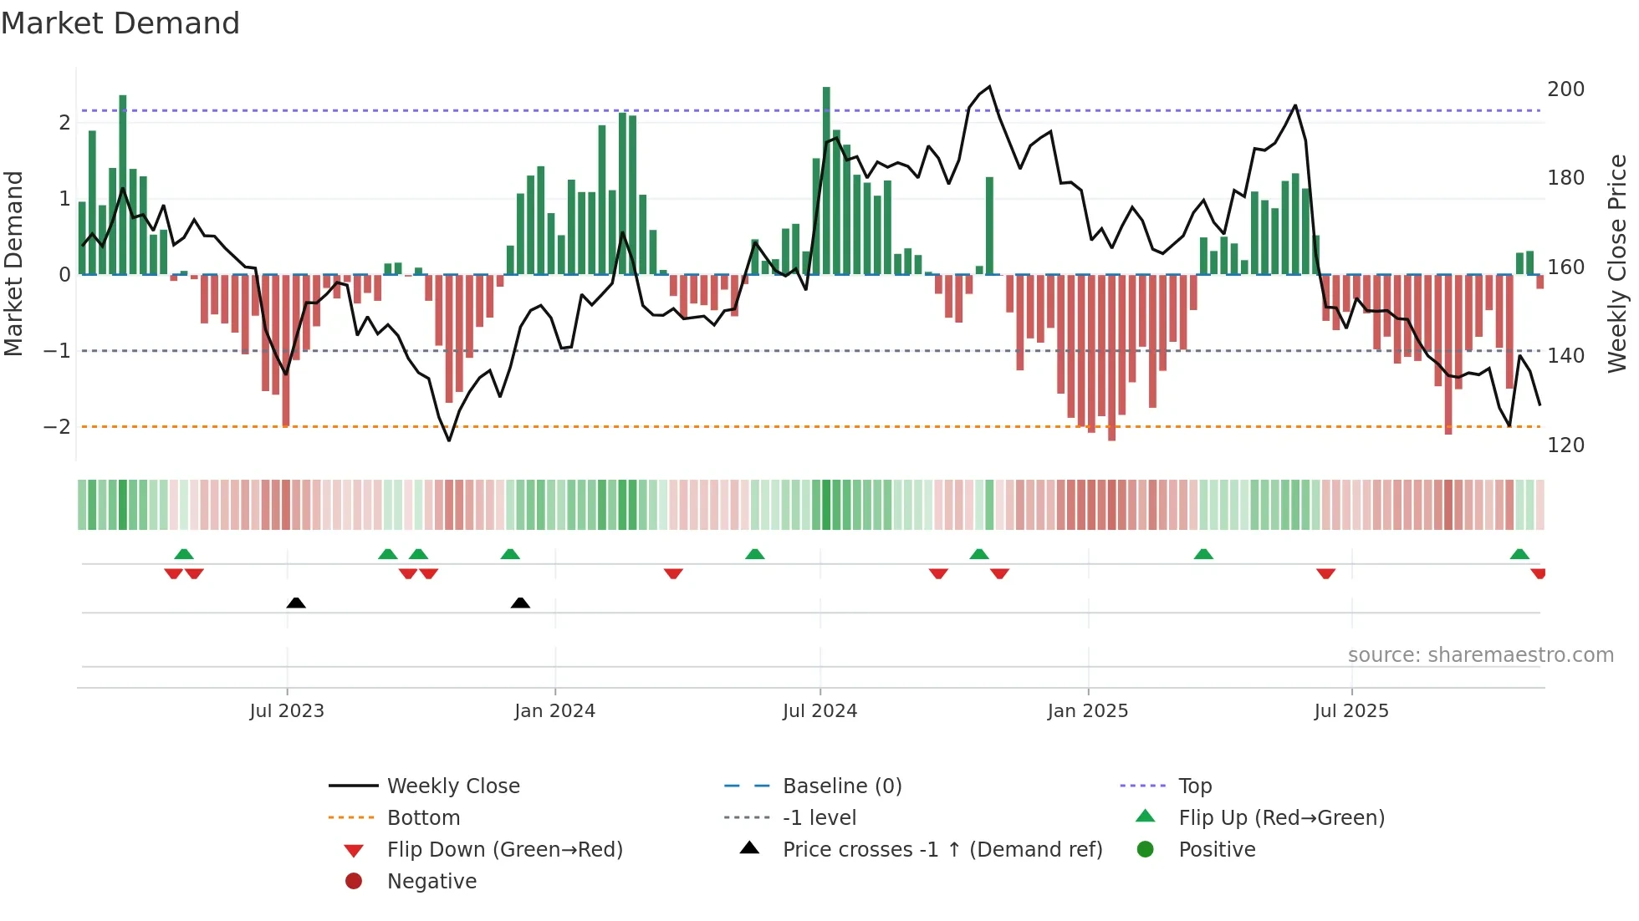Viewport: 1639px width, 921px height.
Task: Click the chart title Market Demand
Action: [x=120, y=23]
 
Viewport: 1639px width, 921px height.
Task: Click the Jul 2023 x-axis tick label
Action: [x=287, y=711]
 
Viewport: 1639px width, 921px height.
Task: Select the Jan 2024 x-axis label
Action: [x=554, y=711]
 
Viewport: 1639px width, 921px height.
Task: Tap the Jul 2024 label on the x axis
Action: [x=819, y=711]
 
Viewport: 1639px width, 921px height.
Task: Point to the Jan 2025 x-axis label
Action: [x=1087, y=711]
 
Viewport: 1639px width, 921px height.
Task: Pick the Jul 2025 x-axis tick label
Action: [x=1351, y=711]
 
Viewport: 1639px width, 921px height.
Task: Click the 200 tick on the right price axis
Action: [x=1565, y=89]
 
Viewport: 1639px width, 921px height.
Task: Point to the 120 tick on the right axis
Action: [x=1565, y=445]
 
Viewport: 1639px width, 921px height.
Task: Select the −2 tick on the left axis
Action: [x=57, y=427]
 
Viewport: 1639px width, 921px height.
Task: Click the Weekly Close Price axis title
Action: [x=1617, y=263]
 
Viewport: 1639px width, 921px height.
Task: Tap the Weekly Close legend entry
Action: [x=452, y=786]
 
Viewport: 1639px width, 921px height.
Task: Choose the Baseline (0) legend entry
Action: [x=841, y=786]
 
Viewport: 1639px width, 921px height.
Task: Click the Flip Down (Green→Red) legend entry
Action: [x=504, y=850]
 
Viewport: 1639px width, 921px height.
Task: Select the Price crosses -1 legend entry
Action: [x=942, y=850]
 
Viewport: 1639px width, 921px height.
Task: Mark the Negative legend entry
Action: [x=431, y=882]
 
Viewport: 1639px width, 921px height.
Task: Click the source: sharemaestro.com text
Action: [x=1480, y=655]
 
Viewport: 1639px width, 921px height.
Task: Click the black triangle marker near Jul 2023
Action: [x=296, y=603]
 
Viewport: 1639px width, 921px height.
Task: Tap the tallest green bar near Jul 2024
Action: [x=826, y=180]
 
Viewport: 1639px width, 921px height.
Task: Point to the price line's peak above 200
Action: [x=989, y=86]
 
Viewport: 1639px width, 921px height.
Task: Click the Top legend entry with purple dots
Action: [x=1194, y=786]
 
